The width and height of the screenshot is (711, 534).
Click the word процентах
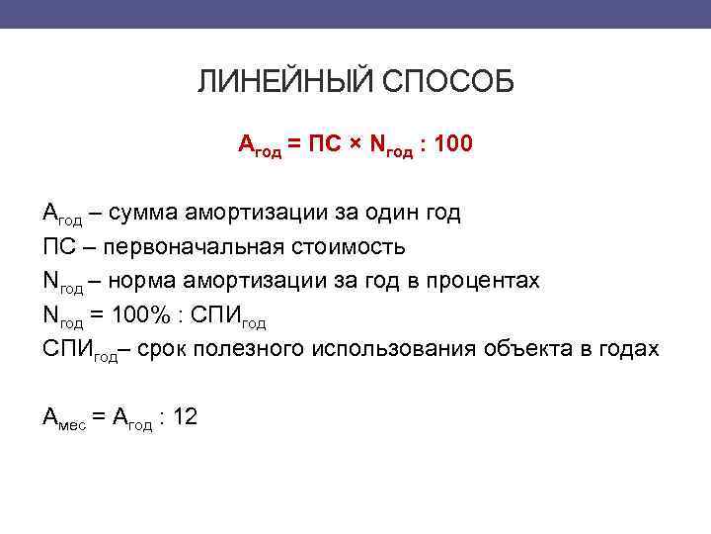coord(483,282)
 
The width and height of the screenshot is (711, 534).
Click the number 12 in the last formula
coord(185,417)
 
